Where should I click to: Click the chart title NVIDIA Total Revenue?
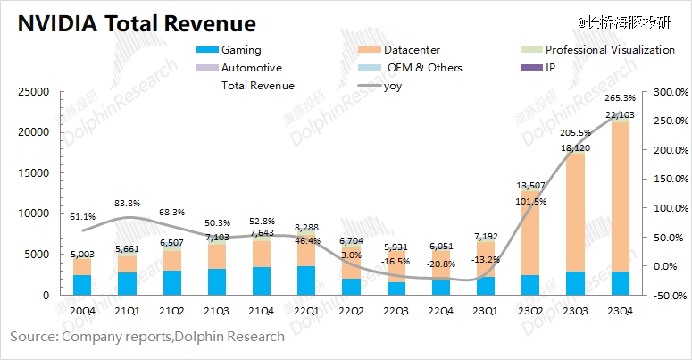[x=135, y=21]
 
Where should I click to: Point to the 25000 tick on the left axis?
[x=34, y=91]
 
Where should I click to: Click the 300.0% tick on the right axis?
[x=670, y=91]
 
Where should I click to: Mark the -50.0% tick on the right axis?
[x=670, y=295]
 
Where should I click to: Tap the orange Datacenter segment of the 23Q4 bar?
[x=617, y=197]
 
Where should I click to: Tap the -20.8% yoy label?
[x=438, y=265]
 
